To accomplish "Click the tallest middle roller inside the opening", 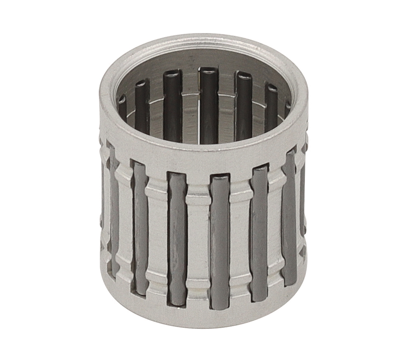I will (x=208, y=105).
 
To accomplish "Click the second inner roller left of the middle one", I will (x=142, y=107).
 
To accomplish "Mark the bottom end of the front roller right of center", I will (x=220, y=306).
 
